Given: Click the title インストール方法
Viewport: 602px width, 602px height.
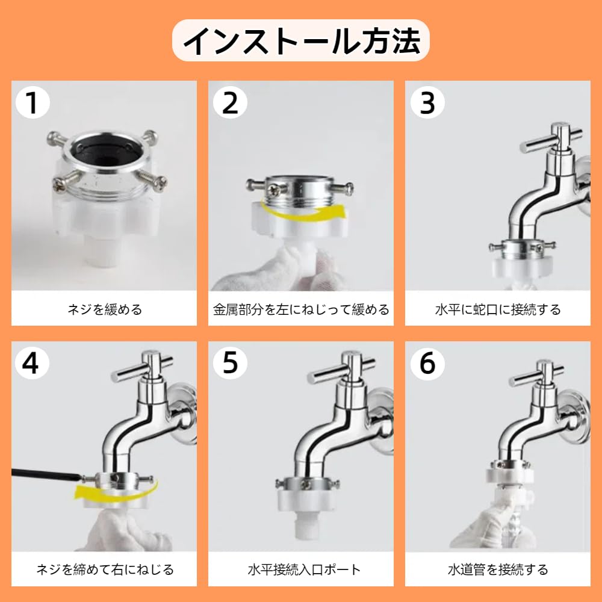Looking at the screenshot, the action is click(301, 41).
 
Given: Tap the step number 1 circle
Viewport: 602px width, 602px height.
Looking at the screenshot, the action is click(33, 103).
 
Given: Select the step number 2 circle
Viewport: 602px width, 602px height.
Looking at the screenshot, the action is click(230, 103).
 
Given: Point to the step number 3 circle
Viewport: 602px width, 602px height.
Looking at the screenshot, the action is click(427, 103).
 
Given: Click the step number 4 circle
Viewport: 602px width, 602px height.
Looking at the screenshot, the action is click(32, 363).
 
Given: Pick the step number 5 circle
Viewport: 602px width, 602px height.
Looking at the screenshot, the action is click(230, 363).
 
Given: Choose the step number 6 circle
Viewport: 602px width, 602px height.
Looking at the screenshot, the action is click(427, 363).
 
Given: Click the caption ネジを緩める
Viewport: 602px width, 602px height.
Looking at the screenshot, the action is click(105, 309).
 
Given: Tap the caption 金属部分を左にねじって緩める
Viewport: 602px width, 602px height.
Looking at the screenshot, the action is click(301, 309).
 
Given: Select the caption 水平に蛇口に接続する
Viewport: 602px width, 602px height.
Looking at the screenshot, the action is click(498, 309).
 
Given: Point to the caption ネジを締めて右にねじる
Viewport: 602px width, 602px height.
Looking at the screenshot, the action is click(105, 569).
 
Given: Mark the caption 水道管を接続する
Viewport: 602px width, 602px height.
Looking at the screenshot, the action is click(498, 569).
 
